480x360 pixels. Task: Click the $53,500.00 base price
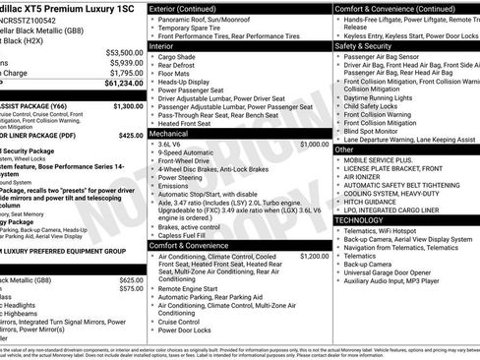click(x=122, y=52)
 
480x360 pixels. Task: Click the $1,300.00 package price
click(x=128, y=105)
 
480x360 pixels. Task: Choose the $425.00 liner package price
click(x=131, y=135)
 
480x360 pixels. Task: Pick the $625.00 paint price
click(x=131, y=279)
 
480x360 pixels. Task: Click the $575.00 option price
click(x=131, y=289)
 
